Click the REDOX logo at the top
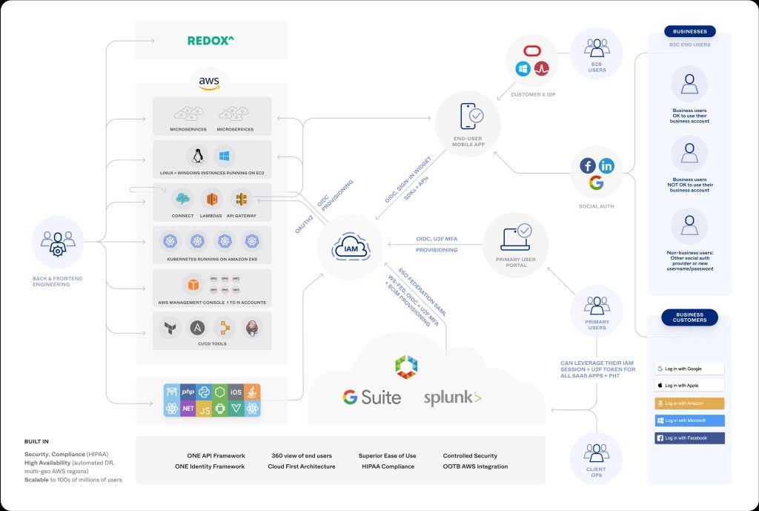[211, 40]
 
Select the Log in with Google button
[689, 369]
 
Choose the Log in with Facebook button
[689, 438]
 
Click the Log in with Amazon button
[689, 403]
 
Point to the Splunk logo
[453, 398]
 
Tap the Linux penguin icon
[197, 156]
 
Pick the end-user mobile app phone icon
[471, 116]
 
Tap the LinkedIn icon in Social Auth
[606, 166]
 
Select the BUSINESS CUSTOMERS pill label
[689, 317]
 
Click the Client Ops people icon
[596, 453]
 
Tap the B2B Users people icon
[597, 48]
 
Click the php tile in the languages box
[188, 392]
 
